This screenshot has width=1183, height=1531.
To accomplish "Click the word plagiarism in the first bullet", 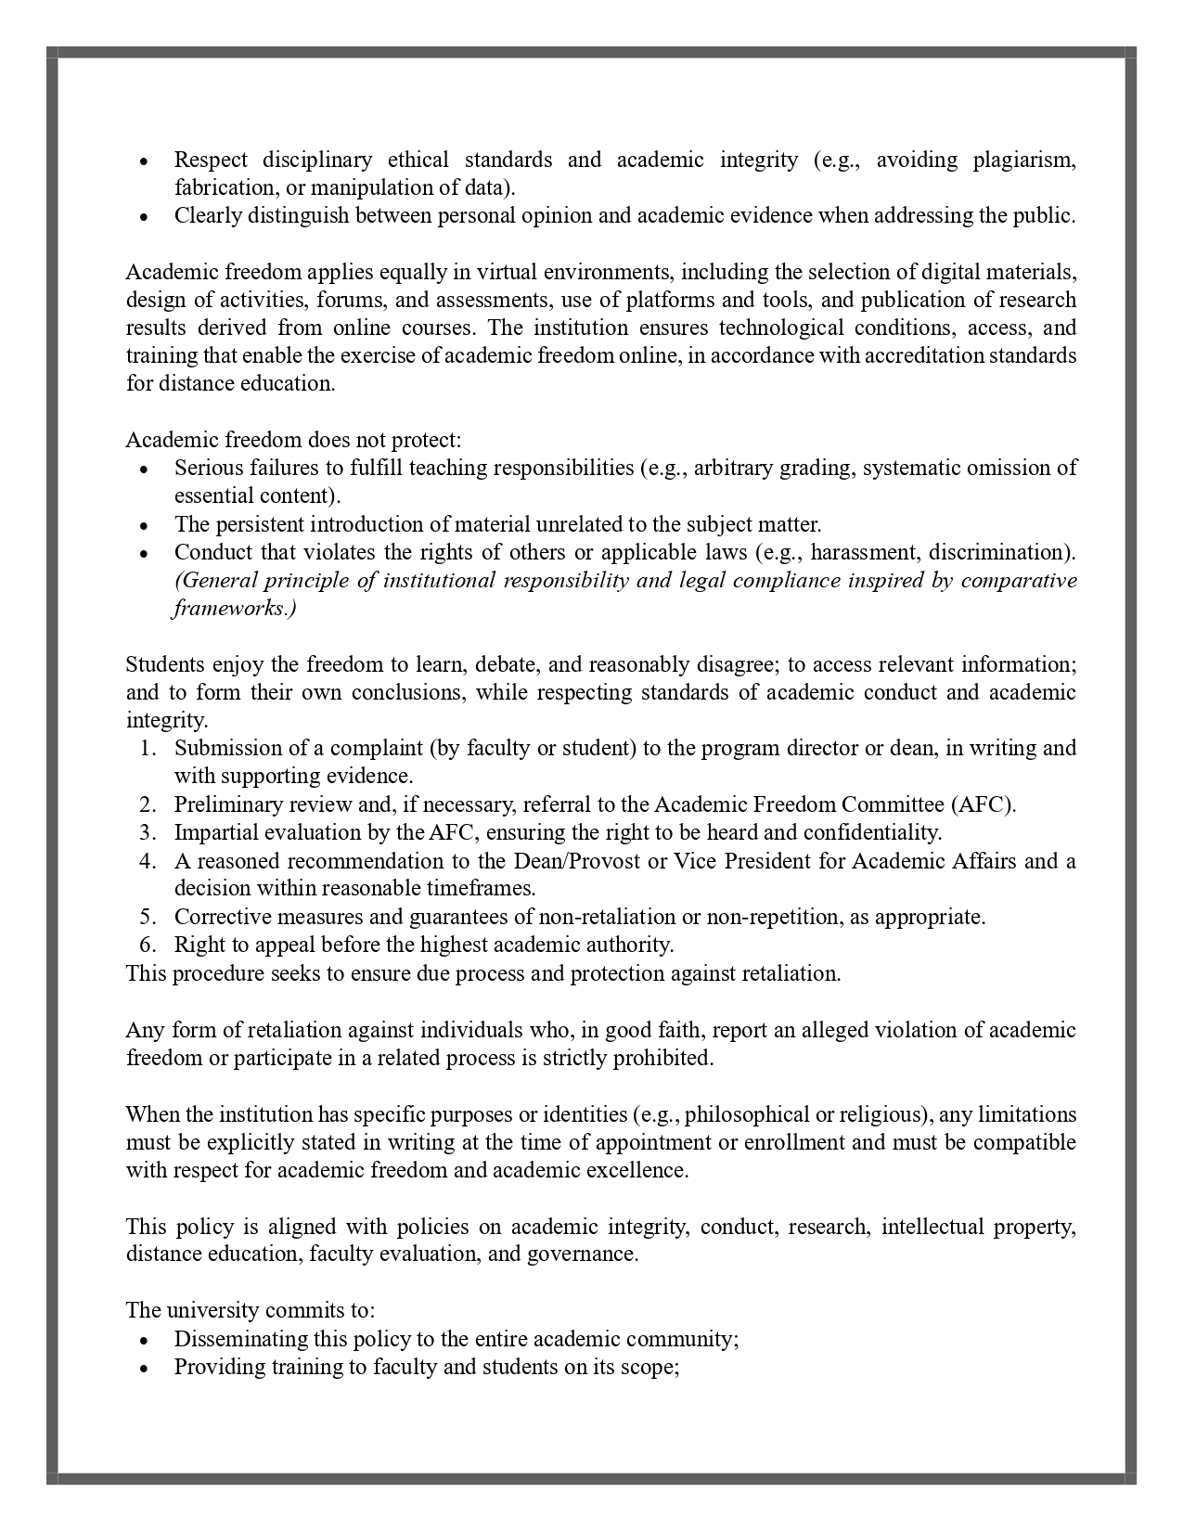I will [1024, 160].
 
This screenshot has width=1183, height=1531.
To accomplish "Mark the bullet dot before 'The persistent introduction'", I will [144, 525].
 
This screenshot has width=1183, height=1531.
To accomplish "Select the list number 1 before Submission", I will [149, 748].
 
